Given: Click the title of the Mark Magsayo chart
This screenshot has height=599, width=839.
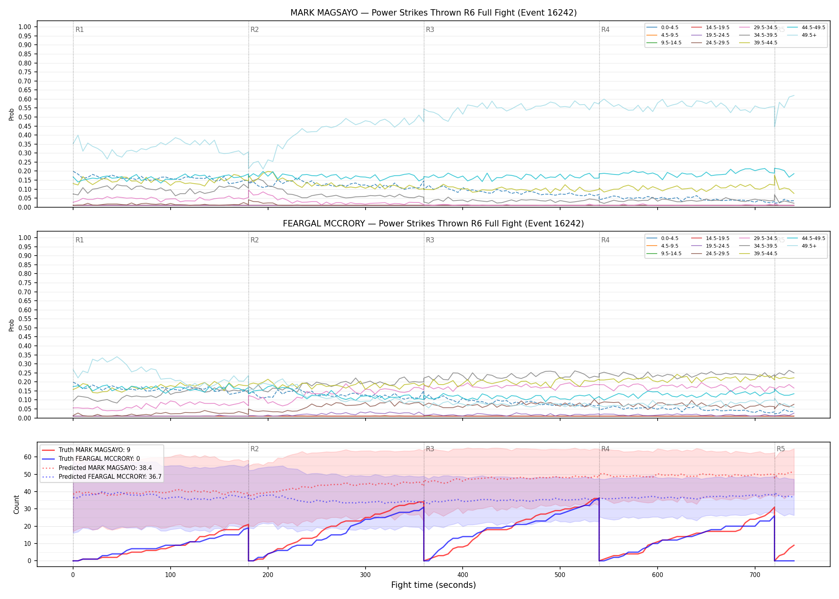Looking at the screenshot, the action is (433, 13).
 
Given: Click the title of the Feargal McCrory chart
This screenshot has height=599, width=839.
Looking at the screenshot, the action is (433, 224).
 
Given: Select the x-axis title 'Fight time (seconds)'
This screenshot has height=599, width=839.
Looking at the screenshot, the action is (433, 585).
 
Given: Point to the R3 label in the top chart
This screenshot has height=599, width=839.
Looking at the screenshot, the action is (430, 30).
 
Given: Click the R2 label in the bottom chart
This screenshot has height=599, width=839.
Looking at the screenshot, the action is (254, 449).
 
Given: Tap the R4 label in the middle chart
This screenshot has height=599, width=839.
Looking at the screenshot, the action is (605, 240).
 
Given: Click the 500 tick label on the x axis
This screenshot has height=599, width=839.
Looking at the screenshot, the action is (560, 575).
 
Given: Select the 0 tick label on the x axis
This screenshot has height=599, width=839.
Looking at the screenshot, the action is (73, 575).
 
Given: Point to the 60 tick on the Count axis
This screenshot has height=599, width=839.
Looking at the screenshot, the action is (28, 457).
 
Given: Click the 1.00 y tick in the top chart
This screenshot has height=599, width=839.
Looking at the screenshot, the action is (25, 27).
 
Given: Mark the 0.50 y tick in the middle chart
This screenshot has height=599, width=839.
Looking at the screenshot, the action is (25, 328).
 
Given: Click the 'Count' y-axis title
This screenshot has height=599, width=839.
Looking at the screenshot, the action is (16, 504).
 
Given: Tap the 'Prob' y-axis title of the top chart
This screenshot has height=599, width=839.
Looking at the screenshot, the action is (12, 114).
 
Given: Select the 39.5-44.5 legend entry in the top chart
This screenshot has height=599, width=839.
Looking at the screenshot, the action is (758, 43).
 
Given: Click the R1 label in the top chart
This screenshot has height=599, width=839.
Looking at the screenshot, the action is (80, 30).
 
